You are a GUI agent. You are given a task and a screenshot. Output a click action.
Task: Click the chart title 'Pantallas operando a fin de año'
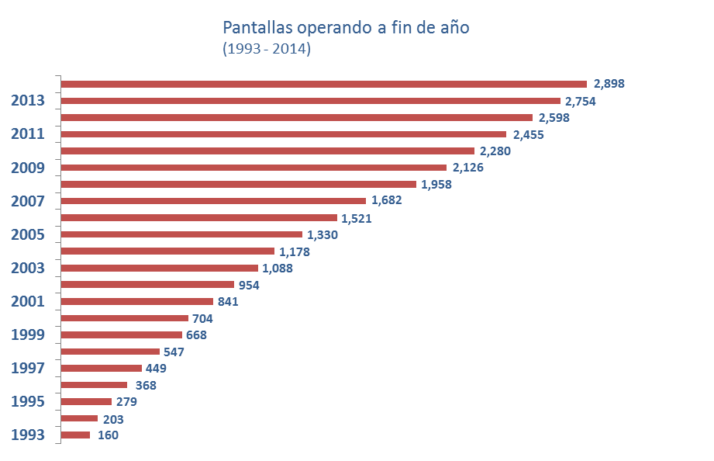[346, 28]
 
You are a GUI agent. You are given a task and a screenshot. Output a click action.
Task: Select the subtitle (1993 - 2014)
[267, 49]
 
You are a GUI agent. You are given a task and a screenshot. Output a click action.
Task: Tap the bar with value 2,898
[324, 84]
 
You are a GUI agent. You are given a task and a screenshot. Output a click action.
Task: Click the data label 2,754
[580, 101]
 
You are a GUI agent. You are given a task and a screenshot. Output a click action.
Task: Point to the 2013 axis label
[27, 101]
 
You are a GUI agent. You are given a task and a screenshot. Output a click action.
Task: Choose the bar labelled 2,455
[284, 134]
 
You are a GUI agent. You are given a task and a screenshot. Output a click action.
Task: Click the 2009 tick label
[27, 168]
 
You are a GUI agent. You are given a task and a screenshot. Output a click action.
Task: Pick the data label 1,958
[436, 185]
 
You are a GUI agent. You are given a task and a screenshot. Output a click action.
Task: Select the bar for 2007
[213, 201]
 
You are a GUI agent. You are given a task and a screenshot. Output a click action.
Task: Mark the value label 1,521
[357, 218]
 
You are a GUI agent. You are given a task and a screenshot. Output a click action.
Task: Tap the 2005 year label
[27, 235]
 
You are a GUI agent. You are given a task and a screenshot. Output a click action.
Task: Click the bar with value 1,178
[167, 251]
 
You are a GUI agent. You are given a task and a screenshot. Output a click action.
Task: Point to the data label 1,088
[278, 269]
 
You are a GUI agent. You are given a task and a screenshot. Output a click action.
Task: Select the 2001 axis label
[27, 302]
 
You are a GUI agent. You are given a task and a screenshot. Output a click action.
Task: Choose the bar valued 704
[125, 318]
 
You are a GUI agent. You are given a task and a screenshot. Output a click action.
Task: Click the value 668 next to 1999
[196, 335]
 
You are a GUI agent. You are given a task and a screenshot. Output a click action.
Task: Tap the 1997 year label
[27, 369]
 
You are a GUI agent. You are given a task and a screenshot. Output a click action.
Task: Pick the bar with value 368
[94, 385]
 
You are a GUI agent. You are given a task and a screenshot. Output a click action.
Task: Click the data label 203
[112, 419]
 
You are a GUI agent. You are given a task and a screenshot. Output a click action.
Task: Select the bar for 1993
[76, 435]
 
